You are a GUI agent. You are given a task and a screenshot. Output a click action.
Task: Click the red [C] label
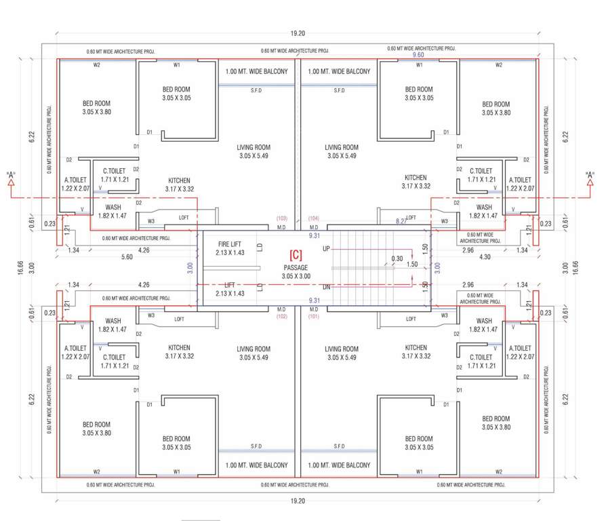tap(296, 256)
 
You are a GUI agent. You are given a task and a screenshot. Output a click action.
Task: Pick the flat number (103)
tap(282, 218)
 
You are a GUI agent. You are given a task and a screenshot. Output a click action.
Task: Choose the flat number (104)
tap(314, 218)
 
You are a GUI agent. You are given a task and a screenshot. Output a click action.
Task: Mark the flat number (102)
tap(282, 316)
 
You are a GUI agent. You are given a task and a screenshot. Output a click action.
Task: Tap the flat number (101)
tap(314, 316)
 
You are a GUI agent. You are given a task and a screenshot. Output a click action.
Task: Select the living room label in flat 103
tap(254, 151)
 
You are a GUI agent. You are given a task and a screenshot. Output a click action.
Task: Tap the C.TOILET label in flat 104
tap(481, 175)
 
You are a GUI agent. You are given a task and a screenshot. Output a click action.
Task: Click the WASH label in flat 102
tap(113, 325)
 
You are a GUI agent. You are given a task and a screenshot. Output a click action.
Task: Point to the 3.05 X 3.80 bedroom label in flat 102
tap(96, 428)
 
